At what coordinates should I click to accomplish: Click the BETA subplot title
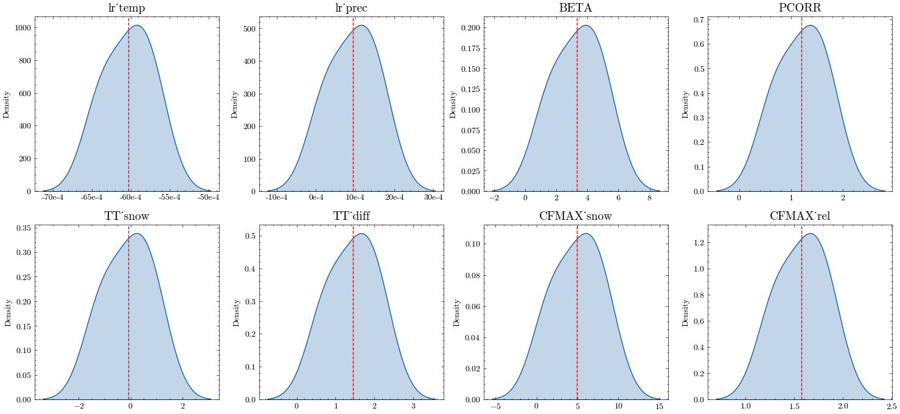tap(575, 9)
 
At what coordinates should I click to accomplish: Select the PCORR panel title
tap(800, 9)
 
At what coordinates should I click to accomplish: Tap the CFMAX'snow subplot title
tap(575, 216)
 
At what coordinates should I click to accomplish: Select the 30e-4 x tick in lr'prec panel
tap(433, 198)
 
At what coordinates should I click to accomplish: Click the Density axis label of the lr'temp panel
tap(7, 104)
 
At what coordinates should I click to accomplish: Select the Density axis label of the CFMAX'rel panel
tap(686, 312)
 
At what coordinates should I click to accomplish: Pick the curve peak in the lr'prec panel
tap(361, 25)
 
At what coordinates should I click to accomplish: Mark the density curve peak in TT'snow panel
tap(137, 234)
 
